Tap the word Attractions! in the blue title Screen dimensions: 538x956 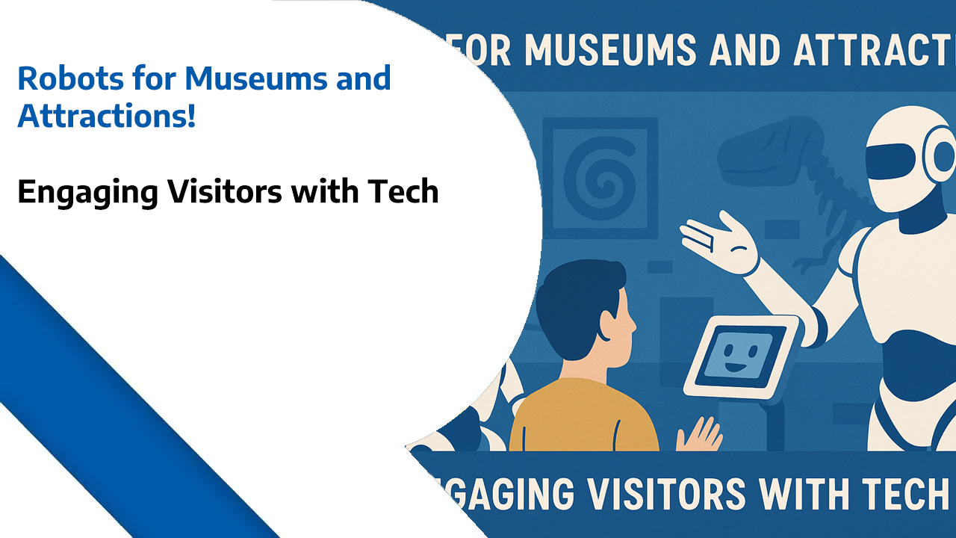point(107,117)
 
